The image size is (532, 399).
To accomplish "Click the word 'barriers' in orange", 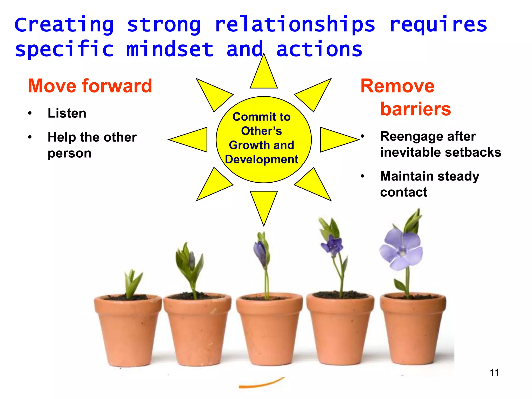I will (x=416, y=109).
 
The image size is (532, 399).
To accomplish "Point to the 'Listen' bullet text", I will (x=67, y=113).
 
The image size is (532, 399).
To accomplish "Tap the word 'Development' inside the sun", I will (x=262, y=159).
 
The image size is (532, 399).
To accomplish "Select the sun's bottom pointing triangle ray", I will (x=264, y=204).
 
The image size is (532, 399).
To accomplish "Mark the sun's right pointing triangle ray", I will (x=335, y=139).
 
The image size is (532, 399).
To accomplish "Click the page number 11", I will (x=494, y=373).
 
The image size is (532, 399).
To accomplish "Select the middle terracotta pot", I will (x=269, y=329).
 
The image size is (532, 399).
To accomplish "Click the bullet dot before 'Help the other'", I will (x=30, y=137).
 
